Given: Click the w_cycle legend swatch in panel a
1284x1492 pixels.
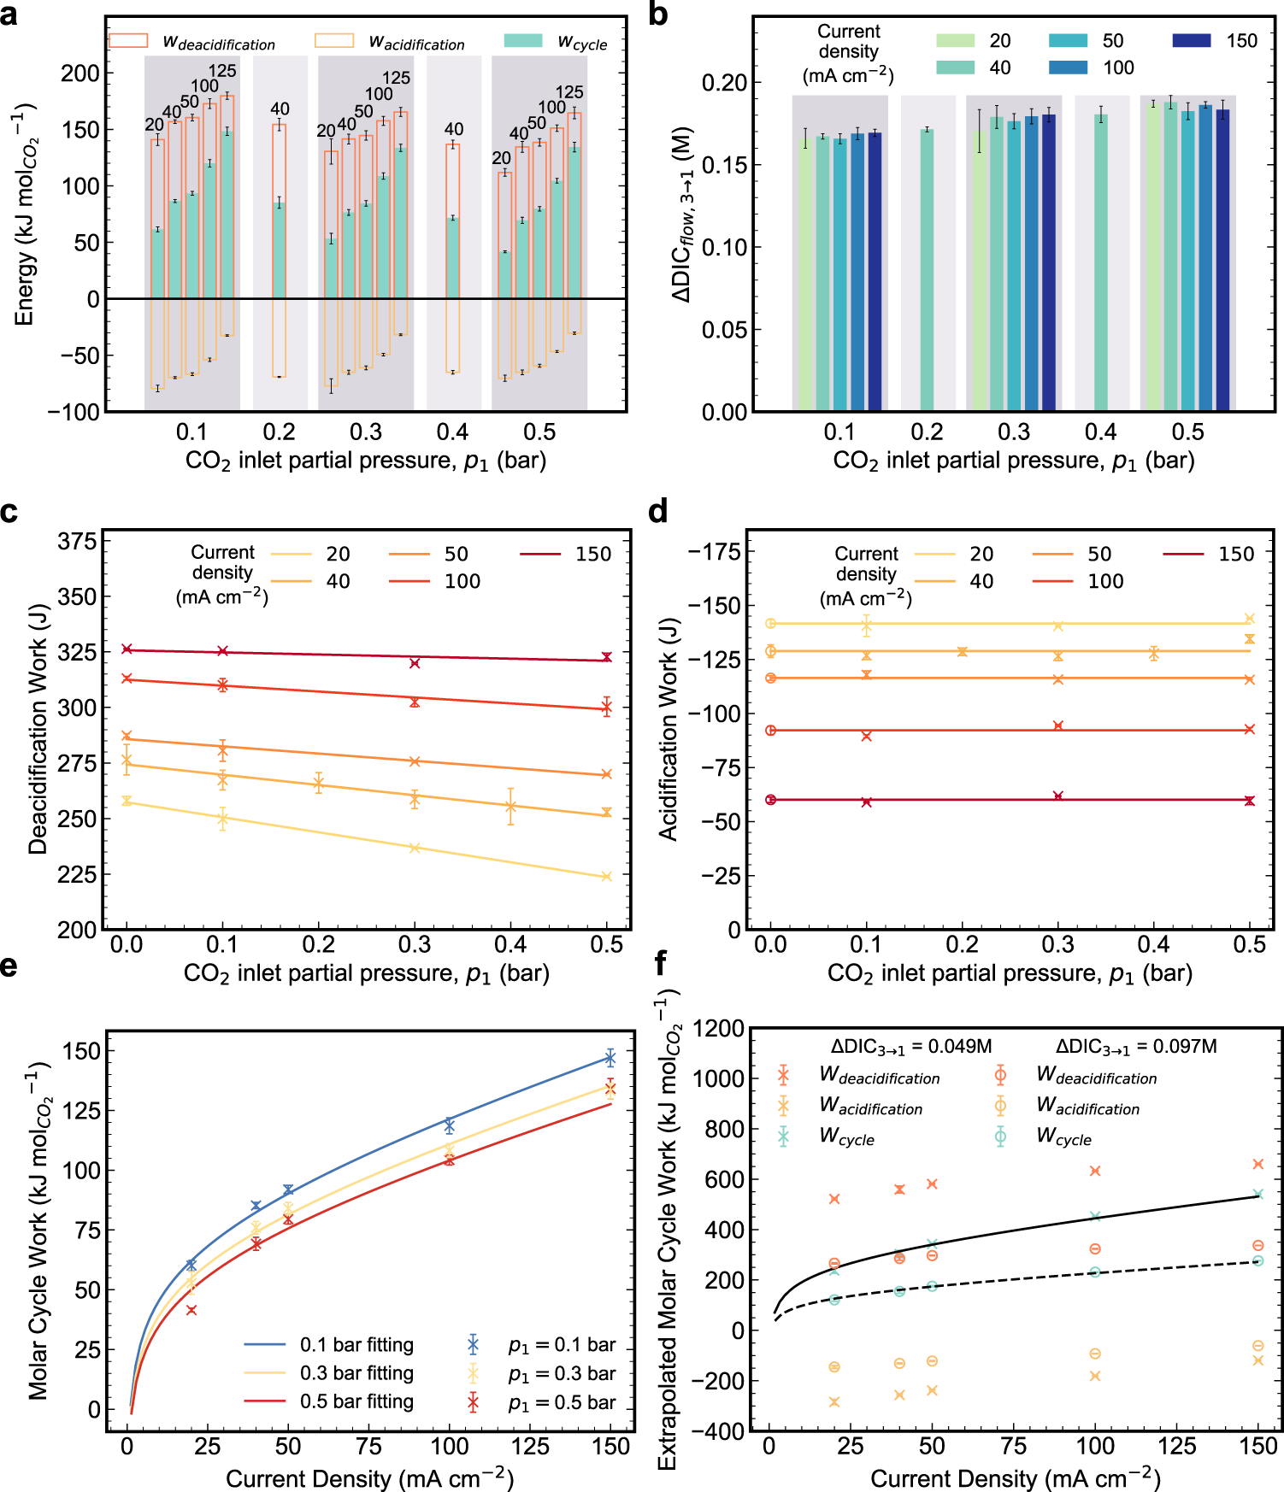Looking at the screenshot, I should click(x=523, y=40).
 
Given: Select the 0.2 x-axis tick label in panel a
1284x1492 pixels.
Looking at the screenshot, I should click(x=279, y=432).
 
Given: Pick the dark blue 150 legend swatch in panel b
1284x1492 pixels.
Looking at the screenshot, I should click(x=1192, y=40).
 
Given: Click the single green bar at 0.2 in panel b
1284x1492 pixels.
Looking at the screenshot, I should click(x=927, y=270).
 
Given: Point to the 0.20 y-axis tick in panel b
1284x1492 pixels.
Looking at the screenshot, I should click(x=724, y=83).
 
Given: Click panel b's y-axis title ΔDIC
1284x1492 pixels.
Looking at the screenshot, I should click(x=683, y=214).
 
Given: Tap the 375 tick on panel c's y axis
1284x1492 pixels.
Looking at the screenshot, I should click(x=76, y=542).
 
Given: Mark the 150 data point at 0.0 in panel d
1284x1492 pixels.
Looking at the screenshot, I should click(x=770, y=800).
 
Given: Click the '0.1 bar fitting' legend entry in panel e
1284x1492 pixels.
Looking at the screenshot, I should click(x=356, y=1345).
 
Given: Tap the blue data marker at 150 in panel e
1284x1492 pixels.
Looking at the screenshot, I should click(x=610, y=1058).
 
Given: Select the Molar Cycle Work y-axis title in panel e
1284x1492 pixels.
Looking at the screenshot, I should click(x=38, y=1231).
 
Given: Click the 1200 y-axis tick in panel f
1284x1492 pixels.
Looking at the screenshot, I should click(x=718, y=1029).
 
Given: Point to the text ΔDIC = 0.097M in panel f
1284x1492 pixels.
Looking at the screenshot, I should click(x=1136, y=1047).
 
